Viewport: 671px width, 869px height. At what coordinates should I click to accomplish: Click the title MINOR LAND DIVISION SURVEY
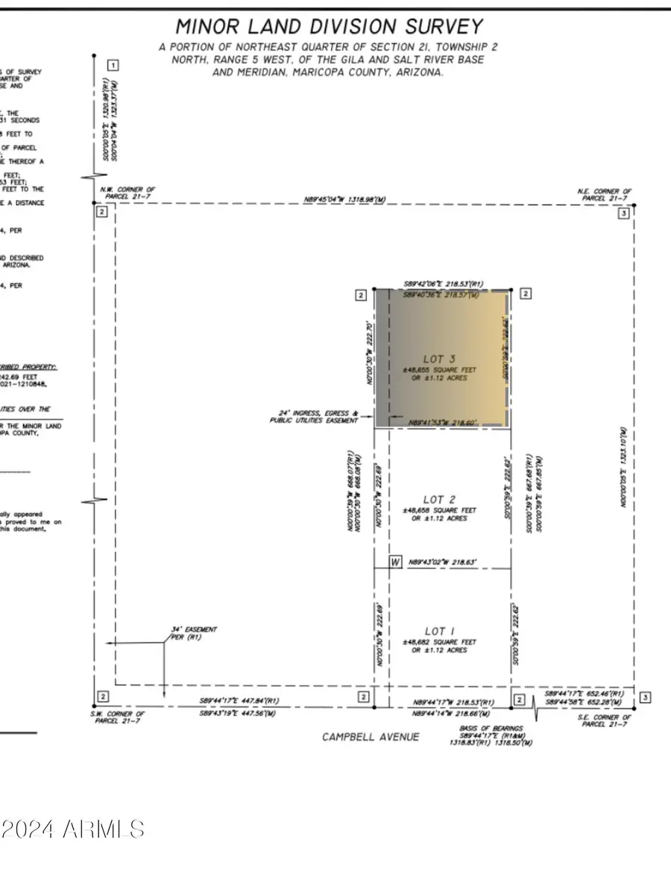pos(329,27)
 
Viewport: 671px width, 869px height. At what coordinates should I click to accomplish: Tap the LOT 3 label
pos(438,359)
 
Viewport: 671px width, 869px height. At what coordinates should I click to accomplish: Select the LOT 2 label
pos(439,499)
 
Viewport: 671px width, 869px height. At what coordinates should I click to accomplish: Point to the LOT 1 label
pos(439,631)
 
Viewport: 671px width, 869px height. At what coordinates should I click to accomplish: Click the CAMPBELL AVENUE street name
pos(371,737)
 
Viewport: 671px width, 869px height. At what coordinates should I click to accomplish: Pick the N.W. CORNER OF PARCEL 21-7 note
pos(127,193)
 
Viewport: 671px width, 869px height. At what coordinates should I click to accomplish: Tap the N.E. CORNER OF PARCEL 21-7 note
pos(605,195)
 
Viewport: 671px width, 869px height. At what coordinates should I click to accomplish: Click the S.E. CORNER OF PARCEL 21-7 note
pos(605,720)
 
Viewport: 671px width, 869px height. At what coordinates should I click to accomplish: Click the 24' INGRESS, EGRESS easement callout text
pos(314,416)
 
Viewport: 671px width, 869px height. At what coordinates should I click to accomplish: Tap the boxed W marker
pos(396,562)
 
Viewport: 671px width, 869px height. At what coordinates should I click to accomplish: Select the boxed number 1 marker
pos(112,66)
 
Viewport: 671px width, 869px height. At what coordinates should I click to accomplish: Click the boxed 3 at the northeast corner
pos(624,213)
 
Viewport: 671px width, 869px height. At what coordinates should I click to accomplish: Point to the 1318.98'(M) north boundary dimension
pos(344,200)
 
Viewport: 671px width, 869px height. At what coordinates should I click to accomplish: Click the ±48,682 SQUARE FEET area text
pos(438,641)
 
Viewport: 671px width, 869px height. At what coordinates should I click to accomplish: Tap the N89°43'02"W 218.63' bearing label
pos(442,562)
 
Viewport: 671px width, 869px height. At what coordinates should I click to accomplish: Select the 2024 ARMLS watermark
pos(72,829)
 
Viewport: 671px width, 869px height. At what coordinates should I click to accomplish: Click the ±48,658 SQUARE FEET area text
pos(438,510)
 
